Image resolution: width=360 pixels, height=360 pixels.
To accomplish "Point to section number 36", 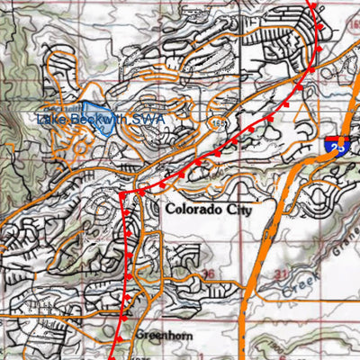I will [x=209, y=273].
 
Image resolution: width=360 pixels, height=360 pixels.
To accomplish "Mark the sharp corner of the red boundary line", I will [x=121, y=193].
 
